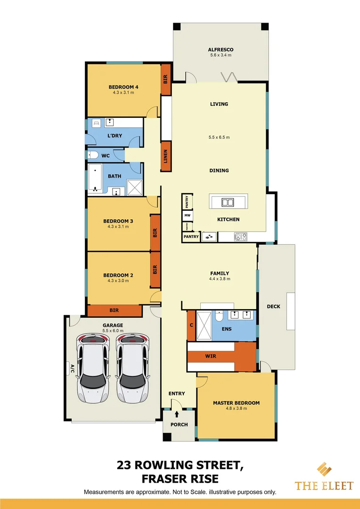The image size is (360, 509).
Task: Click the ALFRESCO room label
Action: click(x=221, y=49)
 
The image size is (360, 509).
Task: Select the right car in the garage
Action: click(x=132, y=369)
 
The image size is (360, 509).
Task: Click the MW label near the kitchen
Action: click(x=187, y=215)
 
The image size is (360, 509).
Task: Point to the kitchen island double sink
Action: click(x=228, y=203)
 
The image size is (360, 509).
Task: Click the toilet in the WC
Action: click(x=93, y=155)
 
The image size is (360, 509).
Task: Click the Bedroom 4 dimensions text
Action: click(x=123, y=93)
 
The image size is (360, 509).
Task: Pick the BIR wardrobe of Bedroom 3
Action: click(x=155, y=232)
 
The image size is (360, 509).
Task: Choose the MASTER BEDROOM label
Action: click(x=236, y=403)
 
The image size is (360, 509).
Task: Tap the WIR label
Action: click(x=211, y=356)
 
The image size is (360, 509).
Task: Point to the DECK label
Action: click(x=273, y=306)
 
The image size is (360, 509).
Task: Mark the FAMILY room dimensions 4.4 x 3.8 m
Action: click(x=220, y=279)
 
